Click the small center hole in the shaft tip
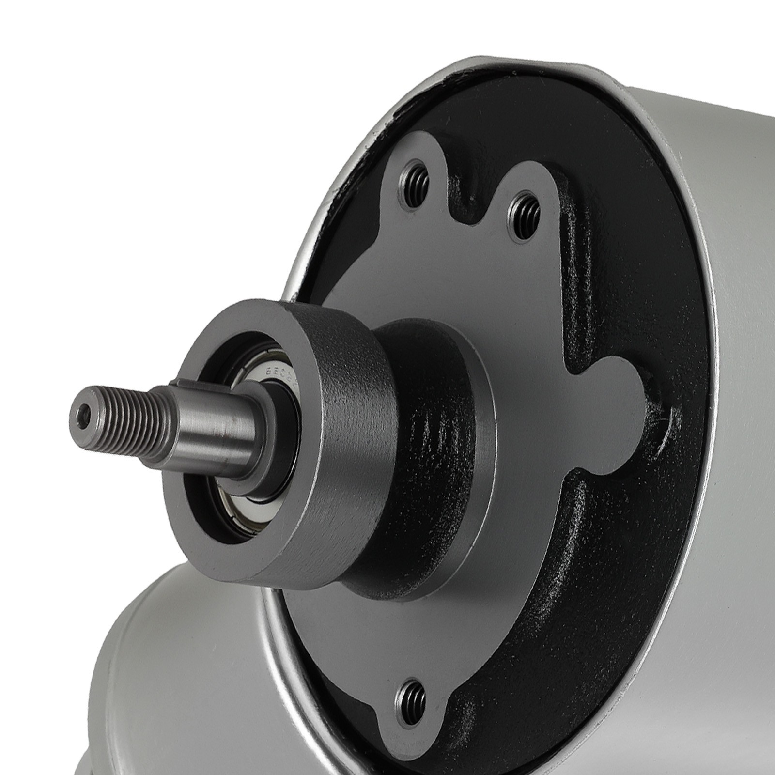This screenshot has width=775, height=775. coord(86,411)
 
